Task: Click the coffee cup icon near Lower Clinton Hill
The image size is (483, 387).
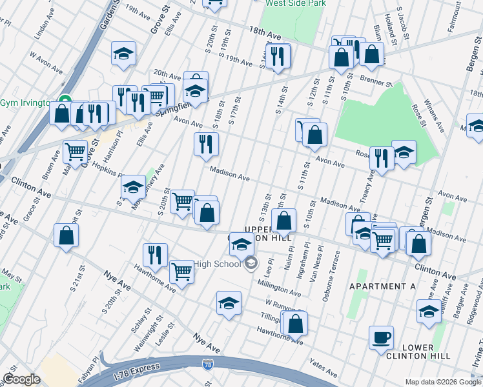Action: tap(381, 337)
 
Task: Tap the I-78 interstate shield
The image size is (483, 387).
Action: tap(207, 365)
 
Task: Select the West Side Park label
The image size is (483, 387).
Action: tap(295, 3)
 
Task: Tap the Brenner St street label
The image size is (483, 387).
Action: tap(376, 83)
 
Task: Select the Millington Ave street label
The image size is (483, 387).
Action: tap(280, 288)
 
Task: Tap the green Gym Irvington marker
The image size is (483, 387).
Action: tap(64, 101)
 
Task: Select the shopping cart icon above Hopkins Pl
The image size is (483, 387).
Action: tap(76, 152)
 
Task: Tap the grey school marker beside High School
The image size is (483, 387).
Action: tap(252, 264)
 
